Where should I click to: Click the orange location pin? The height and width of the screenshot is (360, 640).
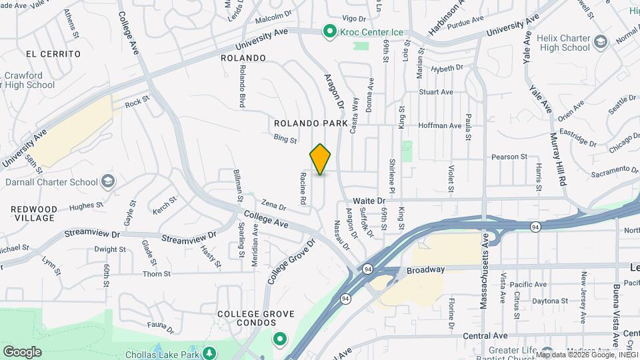(320, 159)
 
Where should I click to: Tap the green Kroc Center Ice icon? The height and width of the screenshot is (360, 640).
(329, 31)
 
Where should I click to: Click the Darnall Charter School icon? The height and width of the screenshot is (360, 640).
(107, 181)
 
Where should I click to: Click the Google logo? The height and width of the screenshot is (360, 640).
(22, 351)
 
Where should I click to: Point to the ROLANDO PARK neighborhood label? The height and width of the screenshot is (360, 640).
(311, 123)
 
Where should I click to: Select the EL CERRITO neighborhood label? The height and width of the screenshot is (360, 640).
(54, 53)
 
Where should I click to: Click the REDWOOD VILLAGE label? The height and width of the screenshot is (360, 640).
(34, 213)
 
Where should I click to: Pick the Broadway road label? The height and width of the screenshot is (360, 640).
(425, 269)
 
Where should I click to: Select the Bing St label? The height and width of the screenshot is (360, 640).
(285, 138)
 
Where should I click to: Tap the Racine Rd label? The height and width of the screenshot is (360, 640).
(303, 189)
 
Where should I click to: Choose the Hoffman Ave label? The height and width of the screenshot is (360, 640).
(440, 125)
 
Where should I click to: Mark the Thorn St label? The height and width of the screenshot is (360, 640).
(157, 273)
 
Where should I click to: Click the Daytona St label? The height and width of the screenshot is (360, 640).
(550, 301)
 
